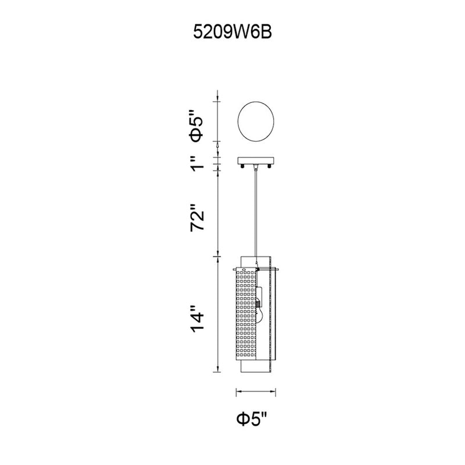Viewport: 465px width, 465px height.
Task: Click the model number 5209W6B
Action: (232, 32)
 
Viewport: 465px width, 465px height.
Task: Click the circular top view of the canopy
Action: (256, 102)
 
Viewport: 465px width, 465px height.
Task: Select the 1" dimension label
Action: (197, 163)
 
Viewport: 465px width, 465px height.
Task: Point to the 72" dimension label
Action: (197, 217)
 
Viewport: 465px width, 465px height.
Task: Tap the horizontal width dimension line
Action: (256, 392)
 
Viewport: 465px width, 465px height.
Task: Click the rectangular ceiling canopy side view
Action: (256, 161)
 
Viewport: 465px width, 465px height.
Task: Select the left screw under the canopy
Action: (243, 167)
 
